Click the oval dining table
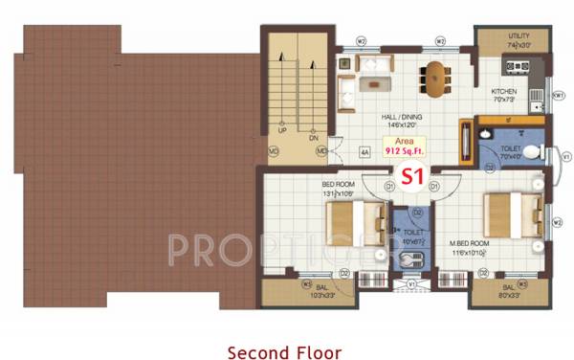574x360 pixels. (435, 79)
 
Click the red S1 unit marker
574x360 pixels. (411, 175)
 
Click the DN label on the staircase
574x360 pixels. (313, 138)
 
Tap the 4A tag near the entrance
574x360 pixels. (364, 151)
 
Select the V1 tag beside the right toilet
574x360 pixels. (565, 155)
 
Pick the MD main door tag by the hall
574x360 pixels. (321, 151)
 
